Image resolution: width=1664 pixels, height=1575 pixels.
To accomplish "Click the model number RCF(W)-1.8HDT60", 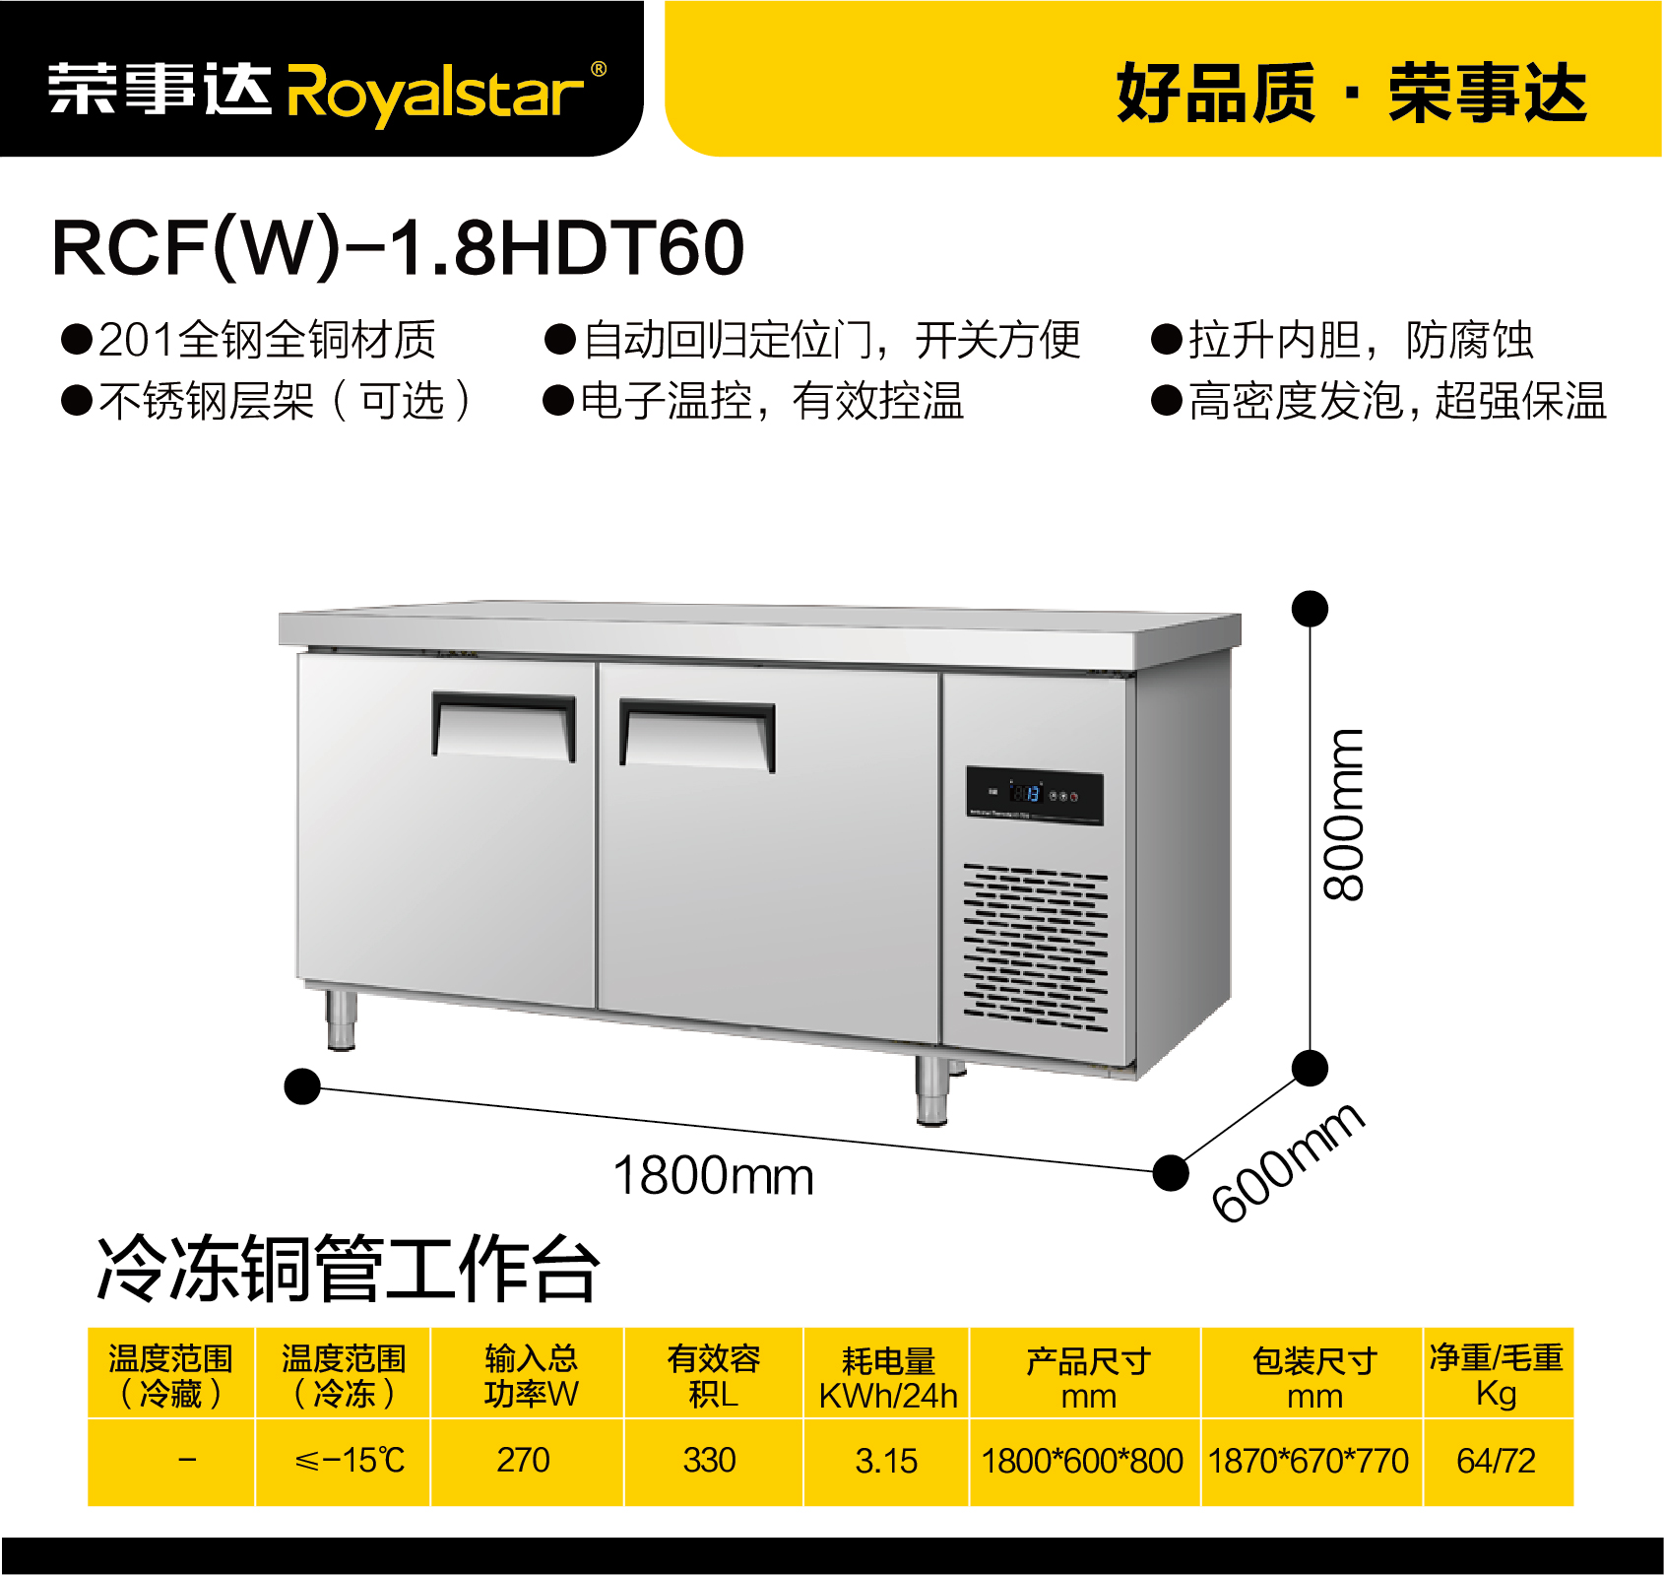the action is pos(398,247).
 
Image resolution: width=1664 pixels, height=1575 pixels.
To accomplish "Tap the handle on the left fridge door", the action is pos(504,726).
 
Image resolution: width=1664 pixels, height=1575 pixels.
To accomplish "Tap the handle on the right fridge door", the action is pos(697,735).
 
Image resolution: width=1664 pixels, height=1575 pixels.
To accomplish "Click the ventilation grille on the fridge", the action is pos(1036,948).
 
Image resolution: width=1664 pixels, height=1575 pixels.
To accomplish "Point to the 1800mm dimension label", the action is pos(713,1175).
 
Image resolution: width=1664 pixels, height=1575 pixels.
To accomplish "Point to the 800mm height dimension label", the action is pos(1343,815).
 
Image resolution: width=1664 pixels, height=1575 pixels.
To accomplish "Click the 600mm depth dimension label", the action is pos(1288,1161).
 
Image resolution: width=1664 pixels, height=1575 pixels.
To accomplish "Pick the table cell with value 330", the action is pos(713,1461).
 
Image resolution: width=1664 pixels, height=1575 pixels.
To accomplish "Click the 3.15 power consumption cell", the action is pos(886,1461).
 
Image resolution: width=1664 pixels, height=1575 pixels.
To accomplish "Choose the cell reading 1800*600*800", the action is pos(1084,1461).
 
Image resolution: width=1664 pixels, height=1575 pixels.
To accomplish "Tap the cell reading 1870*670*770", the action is pos(1311,1461).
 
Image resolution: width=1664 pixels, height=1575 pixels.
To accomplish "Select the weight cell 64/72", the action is pos(1498,1461).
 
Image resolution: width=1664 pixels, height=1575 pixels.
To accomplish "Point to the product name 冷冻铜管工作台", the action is pos(347,1268).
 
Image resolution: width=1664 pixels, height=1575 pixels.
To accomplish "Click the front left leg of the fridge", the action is pos(341,1018).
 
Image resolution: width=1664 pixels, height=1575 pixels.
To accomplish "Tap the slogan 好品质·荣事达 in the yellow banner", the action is pos(1351,93).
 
